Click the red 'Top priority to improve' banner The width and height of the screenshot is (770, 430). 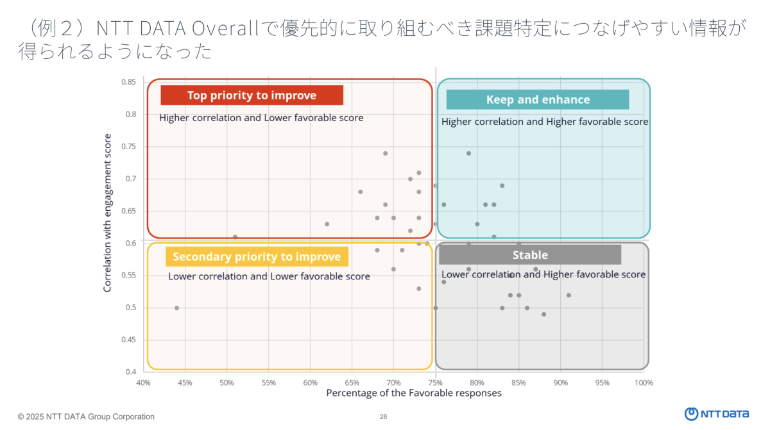252,95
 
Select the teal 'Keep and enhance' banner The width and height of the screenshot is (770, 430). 538,99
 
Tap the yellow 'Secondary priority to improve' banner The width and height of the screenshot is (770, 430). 257,257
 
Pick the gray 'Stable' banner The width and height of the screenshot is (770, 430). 530,255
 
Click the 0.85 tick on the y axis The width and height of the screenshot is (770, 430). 128,82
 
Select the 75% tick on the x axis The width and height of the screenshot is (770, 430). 436,383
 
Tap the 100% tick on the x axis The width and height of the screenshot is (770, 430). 644,383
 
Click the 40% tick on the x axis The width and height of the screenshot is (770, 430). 143,383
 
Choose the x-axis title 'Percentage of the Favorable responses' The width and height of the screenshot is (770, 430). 414,393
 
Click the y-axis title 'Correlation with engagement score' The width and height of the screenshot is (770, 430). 107,213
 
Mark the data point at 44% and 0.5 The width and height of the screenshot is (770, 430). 176,308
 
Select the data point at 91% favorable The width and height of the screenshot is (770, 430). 569,295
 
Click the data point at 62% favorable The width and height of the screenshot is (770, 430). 327,224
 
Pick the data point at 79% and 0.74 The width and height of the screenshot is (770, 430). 468,153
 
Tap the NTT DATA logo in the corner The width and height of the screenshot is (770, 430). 716,414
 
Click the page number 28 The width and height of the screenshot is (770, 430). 383,417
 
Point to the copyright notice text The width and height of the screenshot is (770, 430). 86,417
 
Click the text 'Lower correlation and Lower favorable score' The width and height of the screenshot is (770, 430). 269,277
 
